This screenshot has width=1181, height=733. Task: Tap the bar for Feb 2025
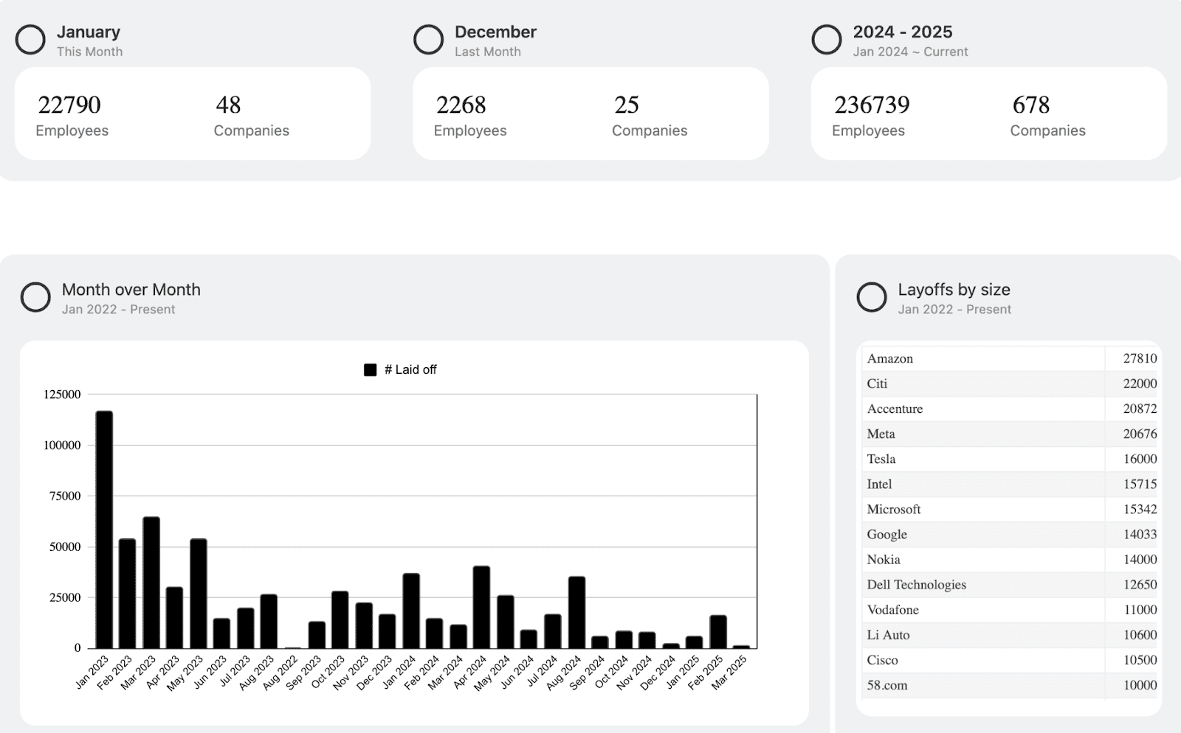[718, 632]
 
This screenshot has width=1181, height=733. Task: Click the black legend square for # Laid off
[371, 370]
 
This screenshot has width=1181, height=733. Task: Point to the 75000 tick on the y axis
[65, 496]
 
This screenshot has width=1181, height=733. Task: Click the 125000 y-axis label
[62, 395]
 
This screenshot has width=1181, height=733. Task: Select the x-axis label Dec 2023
[376, 673]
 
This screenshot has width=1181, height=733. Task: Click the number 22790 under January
[69, 105]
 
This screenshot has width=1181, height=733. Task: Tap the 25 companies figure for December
[626, 105]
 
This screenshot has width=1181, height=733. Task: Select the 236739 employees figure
[872, 105]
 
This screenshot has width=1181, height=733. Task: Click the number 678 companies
[1030, 105]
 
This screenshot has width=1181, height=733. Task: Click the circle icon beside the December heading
[428, 40]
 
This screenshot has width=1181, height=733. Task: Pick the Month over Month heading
[131, 290]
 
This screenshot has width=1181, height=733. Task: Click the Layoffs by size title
[954, 290]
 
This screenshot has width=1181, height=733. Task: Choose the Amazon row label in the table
[890, 358]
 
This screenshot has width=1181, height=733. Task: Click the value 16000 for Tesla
[1140, 459]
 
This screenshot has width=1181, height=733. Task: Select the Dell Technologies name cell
[916, 585]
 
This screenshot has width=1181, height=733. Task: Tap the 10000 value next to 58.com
[1140, 685]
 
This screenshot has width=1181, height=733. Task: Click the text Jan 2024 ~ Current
[910, 52]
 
